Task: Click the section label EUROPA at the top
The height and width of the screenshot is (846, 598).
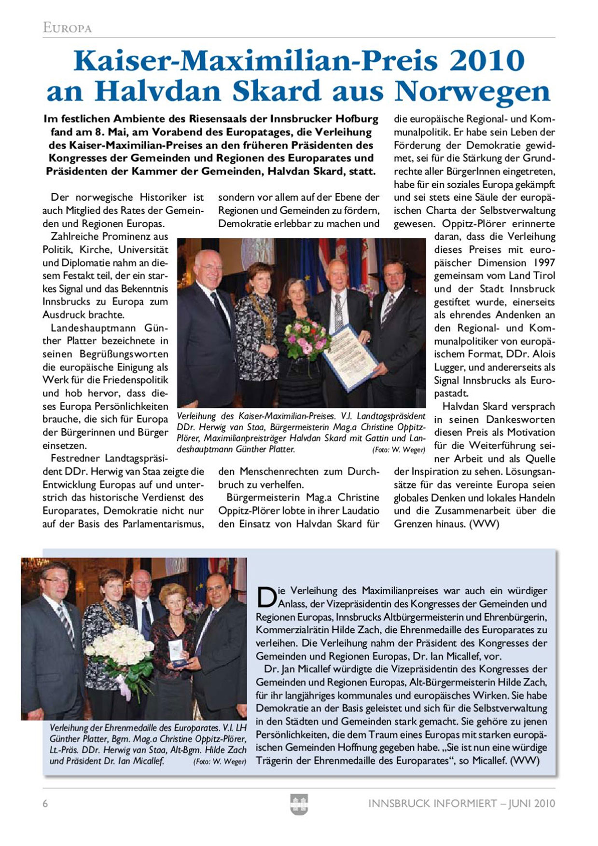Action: coord(67,28)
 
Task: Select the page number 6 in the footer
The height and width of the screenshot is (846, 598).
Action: coord(45,804)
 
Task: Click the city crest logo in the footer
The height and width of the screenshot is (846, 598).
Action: coord(299,804)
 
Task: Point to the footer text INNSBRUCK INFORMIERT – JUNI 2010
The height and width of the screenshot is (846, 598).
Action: coord(461,804)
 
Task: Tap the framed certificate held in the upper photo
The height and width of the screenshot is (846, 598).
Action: coord(351,356)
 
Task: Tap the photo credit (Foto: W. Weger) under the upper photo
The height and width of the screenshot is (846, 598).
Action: coord(398,450)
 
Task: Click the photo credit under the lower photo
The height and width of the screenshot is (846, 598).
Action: coord(220,762)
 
